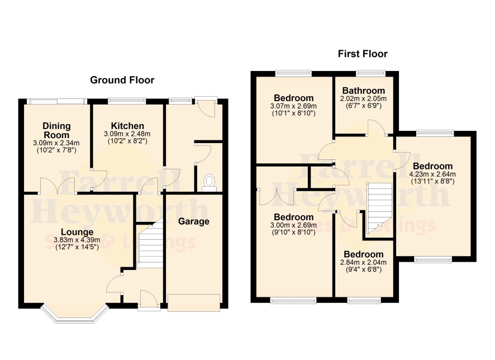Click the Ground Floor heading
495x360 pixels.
(122, 80)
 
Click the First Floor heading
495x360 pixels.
(363, 54)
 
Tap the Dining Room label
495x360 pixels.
(56, 130)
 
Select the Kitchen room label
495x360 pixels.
(127, 126)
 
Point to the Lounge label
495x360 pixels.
(77, 232)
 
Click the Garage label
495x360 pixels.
(193, 221)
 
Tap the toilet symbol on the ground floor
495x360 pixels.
(209, 183)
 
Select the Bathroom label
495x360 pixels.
(363, 91)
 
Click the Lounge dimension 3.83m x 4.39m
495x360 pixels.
(77, 240)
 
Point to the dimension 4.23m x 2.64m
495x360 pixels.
(432, 174)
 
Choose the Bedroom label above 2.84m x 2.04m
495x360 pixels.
(363, 254)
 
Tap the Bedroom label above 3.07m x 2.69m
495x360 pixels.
(293, 98)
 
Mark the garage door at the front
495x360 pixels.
(194, 303)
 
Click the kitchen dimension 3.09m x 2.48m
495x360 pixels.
(127, 134)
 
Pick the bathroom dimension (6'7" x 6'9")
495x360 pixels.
(363, 106)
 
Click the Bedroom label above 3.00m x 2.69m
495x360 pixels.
(293, 217)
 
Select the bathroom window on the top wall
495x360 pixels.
(370, 74)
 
